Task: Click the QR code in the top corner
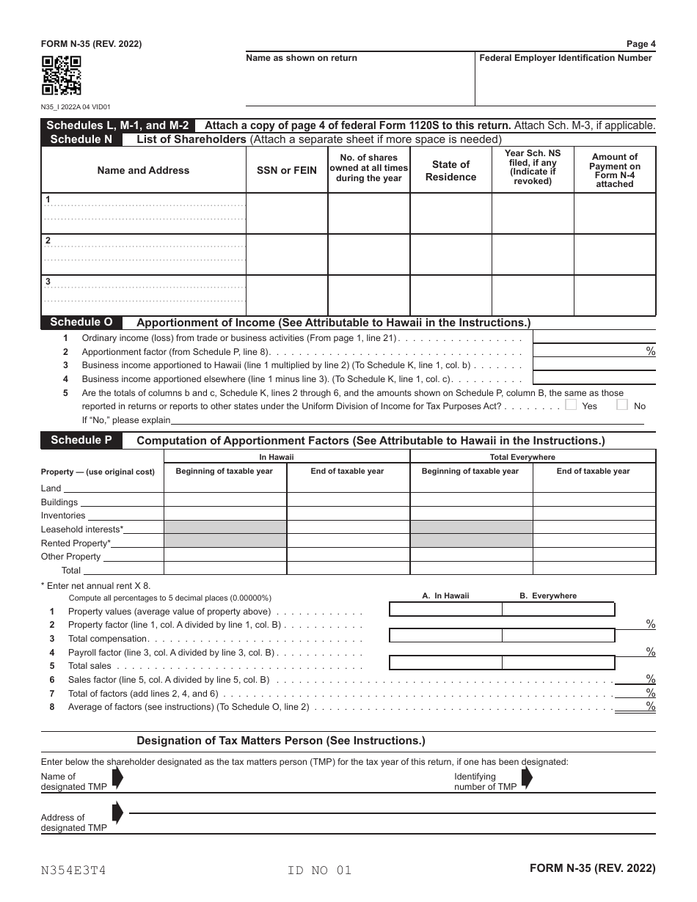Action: pyautogui.click(x=61, y=76)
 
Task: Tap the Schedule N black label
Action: pyautogui.click(x=81, y=139)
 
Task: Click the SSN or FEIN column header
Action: pyautogui.click(x=287, y=170)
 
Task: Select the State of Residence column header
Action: pyautogui.click(x=450, y=170)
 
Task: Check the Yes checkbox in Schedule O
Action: pyautogui.click(x=572, y=405)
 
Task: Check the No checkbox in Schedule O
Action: pyautogui.click(x=622, y=405)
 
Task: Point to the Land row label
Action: pyautogui.click(x=51, y=488)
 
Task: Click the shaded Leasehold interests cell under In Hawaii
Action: pyautogui.click(x=225, y=527)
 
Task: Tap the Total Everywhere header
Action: pyautogui.click(x=533, y=457)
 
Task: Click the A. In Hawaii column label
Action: pyautogui.click(x=445, y=596)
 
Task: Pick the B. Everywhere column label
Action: pyautogui.click(x=548, y=596)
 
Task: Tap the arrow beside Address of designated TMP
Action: pyautogui.click(x=117, y=813)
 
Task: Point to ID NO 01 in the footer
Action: pyautogui.click(x=320, y=870)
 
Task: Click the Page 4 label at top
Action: pyautogui.click(x=641, y=44)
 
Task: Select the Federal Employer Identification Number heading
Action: pyautogui.click(x=565, y=58)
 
